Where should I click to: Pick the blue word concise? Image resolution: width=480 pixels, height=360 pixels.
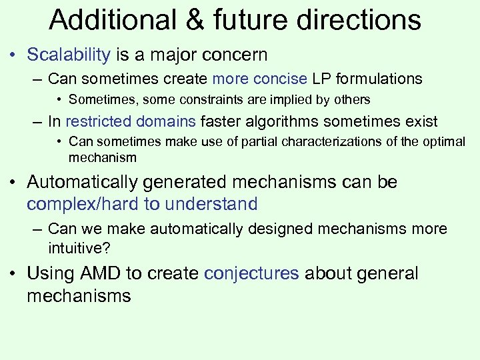click(281, 79)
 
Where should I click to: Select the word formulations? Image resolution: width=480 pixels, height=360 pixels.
click(379, 79)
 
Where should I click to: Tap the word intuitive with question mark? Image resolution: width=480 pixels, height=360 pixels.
click(81, 249)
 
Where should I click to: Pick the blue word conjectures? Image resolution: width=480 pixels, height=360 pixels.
click(251, 273)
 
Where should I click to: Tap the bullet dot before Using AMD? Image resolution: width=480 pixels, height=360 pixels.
click(15, 274)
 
